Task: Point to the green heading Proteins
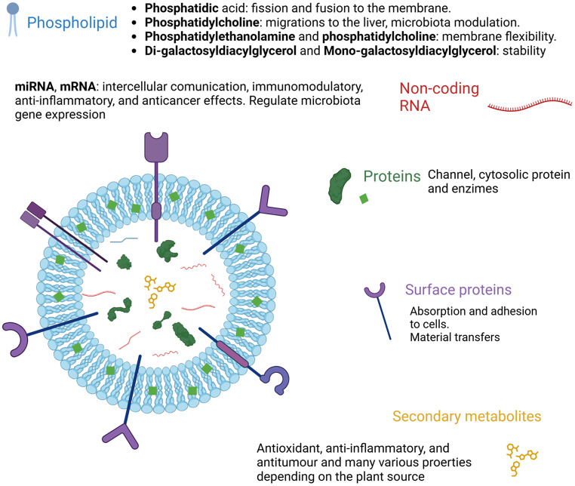(392, 177)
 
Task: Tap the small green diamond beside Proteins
(364, 199)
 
